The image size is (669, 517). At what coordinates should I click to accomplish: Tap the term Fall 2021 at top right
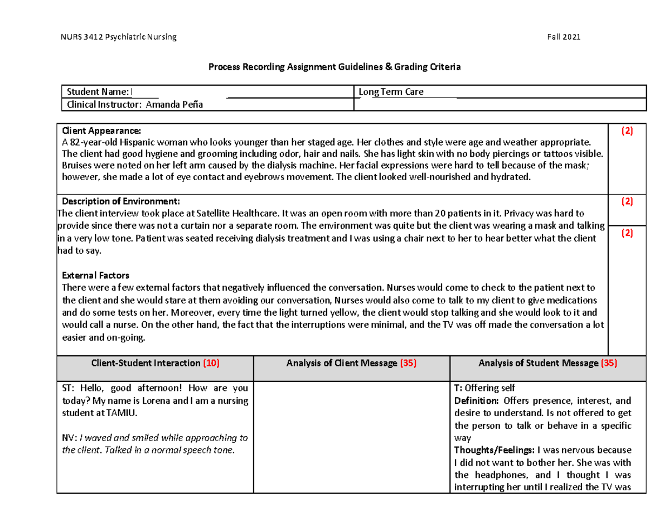click(564, 37)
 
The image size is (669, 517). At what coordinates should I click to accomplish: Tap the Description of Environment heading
click(121, 201)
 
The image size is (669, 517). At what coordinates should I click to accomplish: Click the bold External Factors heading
click(95, 276)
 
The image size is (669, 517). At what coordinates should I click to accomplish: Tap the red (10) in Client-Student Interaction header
click(211, 363)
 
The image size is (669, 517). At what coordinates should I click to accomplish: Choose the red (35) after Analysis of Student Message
click(608, 363)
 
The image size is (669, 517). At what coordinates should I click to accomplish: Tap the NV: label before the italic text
click(69, 438)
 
